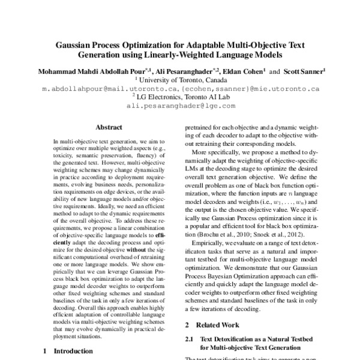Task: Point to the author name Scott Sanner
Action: pyautogui.click(x=304, y=70)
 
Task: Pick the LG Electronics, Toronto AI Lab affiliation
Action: pyautogui.click(x=181, y=96)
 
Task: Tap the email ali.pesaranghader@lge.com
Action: pyautogui.click(x=181, y=105)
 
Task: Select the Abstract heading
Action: pyautogui.click(x=109, y=127)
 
